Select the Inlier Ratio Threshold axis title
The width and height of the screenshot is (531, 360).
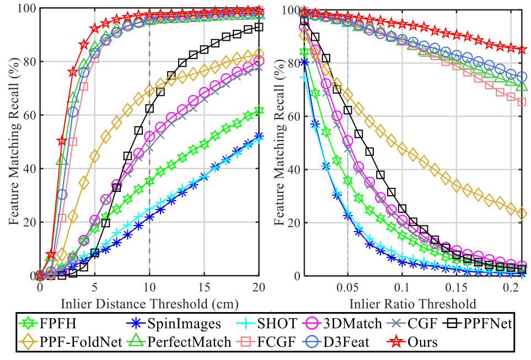[x=412, y=303]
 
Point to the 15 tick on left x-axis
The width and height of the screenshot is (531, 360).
[x=204, y=288]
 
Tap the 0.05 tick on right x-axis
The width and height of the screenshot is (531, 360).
[x=347, y=288]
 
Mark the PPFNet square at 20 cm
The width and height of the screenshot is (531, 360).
[x=259, y=26]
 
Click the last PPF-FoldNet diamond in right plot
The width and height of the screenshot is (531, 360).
[x=522, y=213]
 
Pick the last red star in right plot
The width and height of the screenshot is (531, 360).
[x=522, y=50]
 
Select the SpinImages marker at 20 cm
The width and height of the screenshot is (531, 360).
[x=259, y=137]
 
